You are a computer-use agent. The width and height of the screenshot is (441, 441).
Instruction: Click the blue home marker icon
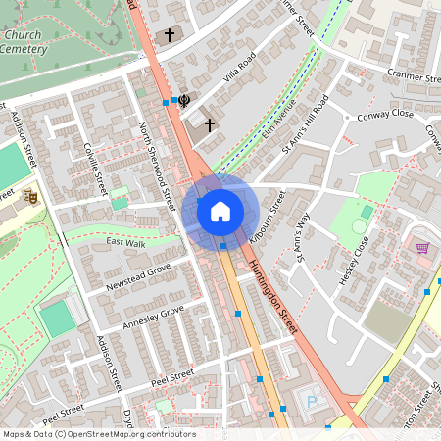220,211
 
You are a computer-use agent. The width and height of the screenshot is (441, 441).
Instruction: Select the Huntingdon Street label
271,296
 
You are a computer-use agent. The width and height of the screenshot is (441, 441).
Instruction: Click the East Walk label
125,241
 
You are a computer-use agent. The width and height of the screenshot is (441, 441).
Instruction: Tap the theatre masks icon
29,195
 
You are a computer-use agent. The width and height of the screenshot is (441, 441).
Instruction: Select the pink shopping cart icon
422,249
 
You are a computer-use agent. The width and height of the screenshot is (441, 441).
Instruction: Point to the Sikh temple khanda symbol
183,99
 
